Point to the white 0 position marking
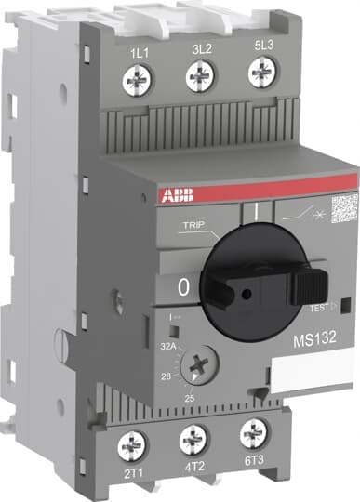182,289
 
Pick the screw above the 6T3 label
252,434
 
